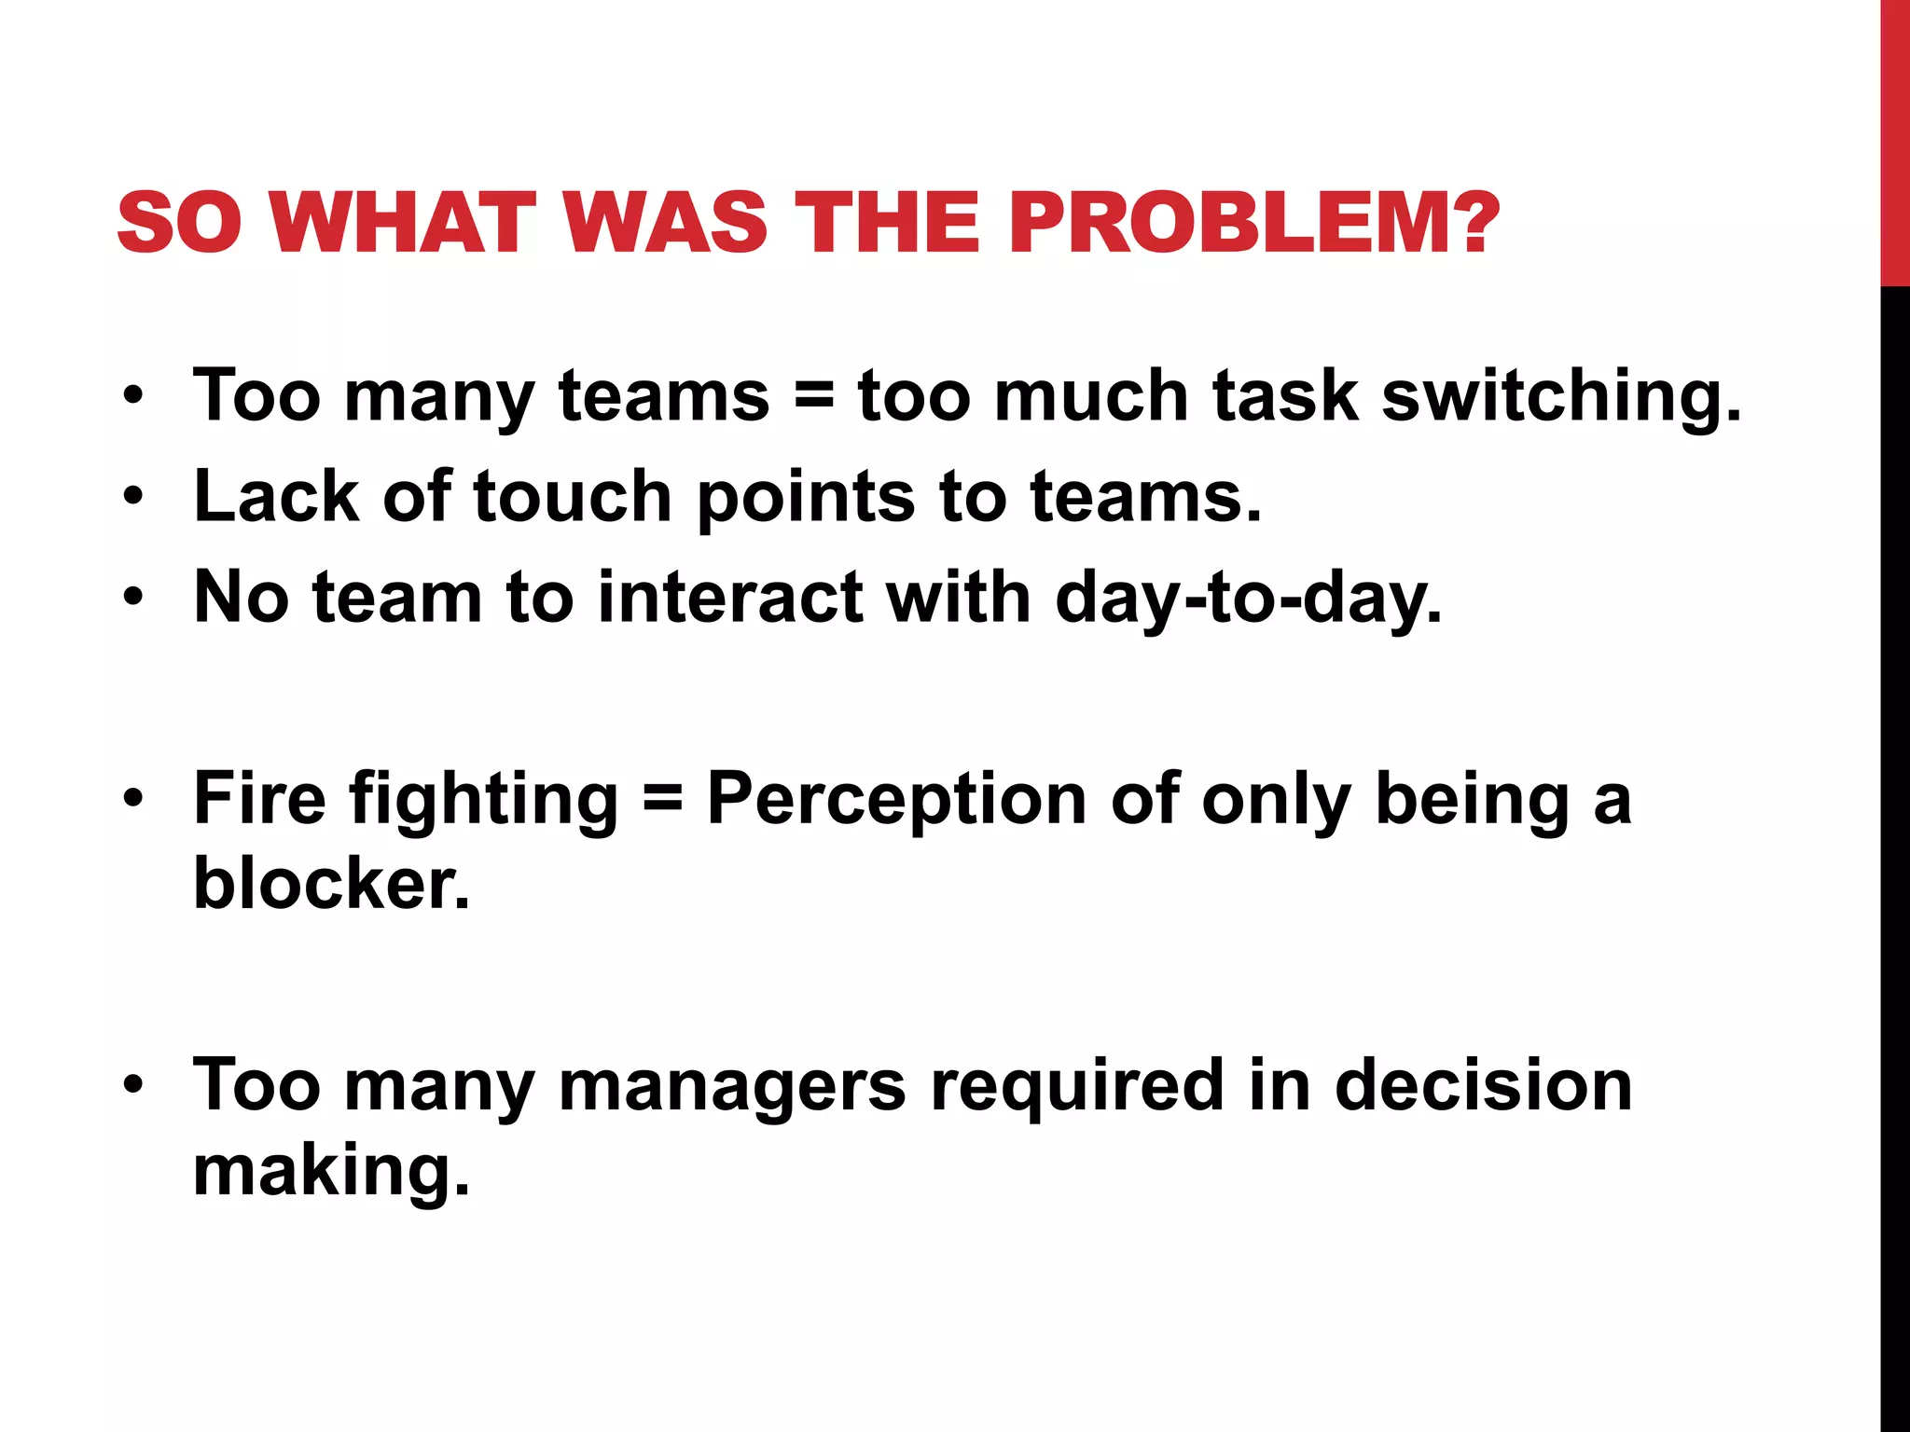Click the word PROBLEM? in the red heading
click(1253, 223)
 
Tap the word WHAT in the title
click(404, 223)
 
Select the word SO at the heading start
click(179, 223)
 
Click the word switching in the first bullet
click(1560, 396)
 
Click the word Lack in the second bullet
click(276, 496)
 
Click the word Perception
click(896, 800)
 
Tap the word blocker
click(331, 883)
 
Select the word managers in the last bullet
click(732, 1086)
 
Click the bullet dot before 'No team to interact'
click(133, 597)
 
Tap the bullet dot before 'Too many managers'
click(133, 1084)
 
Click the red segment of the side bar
click(1895, 140)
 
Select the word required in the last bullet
click(1077, 1086)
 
